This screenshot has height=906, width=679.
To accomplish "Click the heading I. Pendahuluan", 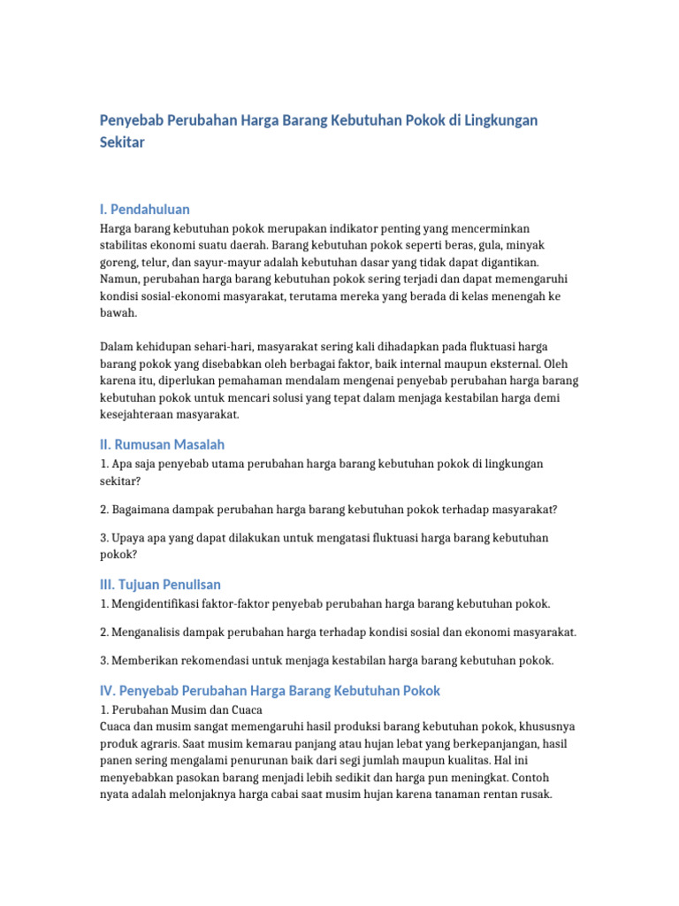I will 144,210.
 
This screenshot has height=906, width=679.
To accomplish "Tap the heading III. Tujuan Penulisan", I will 160,585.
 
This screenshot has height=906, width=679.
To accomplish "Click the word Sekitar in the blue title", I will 122,142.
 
